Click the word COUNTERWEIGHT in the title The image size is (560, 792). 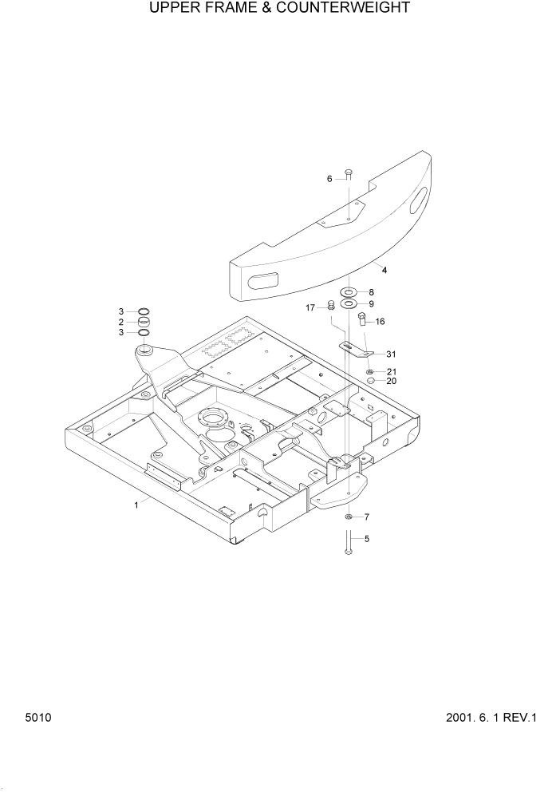click(349, 9)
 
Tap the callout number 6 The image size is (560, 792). click(329, 179)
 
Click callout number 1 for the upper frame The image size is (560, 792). click(136, 505)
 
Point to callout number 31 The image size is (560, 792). click(390, 354)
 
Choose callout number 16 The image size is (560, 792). click(380, 322)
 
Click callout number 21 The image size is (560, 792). click(391, 372)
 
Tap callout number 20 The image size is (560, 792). click(391, 381)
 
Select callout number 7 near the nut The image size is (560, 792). click(367, 517)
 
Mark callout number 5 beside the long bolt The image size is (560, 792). click(367, 539)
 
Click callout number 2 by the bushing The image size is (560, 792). click(121, 322)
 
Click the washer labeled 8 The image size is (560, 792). click(349, 293)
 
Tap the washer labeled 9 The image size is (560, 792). click(349, 304)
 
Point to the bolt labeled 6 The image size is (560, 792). click(349, 175)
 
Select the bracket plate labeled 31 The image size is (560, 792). click(356, 349)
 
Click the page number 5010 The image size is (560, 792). click(37, 718)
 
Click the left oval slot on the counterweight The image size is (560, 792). click(262, 280)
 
